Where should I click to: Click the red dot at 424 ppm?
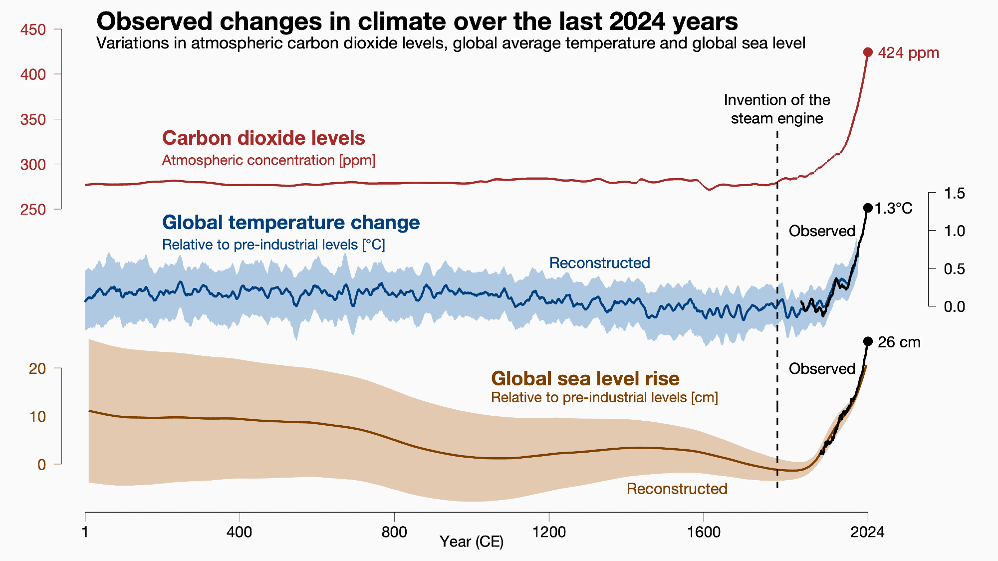868,52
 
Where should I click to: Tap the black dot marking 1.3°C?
868,208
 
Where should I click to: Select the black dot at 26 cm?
868,341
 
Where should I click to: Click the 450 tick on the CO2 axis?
33,29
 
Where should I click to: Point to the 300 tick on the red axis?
33,164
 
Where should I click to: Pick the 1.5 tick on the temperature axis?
954,193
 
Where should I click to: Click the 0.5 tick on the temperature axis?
954,269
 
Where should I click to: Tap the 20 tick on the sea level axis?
38,369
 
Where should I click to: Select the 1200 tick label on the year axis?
549,532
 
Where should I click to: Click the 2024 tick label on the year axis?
867,532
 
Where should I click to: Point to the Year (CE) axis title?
472,542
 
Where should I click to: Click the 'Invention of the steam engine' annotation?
777,109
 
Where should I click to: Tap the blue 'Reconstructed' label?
599,263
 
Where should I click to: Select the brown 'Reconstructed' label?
677,489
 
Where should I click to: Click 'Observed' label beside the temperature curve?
822,231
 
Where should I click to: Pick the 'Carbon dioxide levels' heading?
263,138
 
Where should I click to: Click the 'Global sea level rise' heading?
585,379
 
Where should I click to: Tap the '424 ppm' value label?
908,53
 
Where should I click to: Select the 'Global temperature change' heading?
291,223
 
